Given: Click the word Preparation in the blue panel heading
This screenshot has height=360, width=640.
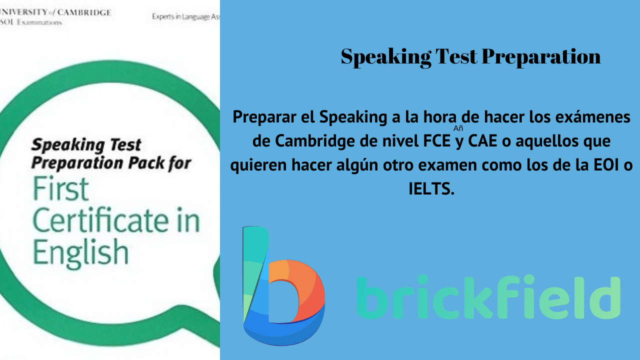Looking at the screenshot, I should pos(541,57).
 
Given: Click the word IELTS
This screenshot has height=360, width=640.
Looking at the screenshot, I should pos(431,189).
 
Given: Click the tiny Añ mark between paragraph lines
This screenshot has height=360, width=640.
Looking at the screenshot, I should pos(458,128).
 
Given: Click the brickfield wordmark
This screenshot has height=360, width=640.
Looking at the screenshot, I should pos(488,297).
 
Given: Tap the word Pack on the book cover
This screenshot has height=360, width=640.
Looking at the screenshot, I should pos(139,163).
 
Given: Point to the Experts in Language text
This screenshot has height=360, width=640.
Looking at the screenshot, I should pos(185,16).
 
